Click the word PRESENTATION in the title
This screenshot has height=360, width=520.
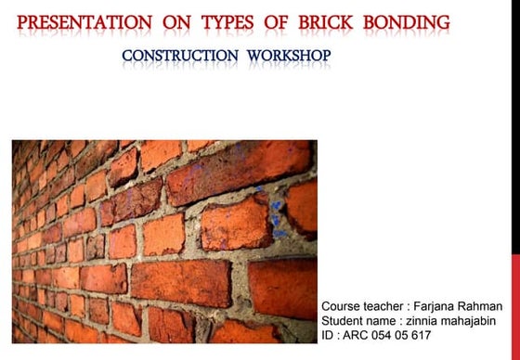click(x=85, y=21)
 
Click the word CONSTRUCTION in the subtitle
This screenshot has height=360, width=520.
click(x=179, y=56)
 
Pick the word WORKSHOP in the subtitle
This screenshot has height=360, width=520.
click(x=289, y=56)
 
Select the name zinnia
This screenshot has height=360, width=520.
click(x=422, y=321)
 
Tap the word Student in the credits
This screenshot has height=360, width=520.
click(x=344, y=321)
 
